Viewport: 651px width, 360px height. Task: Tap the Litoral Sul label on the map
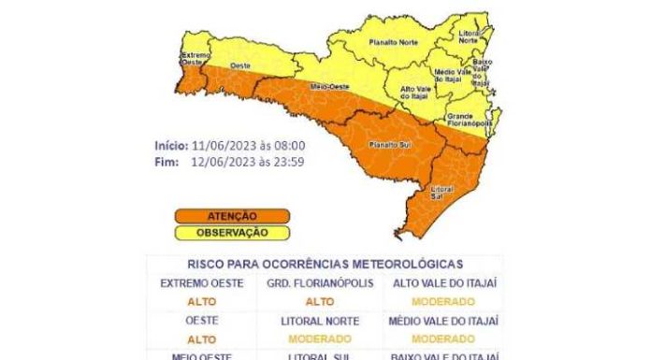[442, 193]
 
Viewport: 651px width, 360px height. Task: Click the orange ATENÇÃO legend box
[230, 216]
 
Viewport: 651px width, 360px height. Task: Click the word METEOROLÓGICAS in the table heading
[412, 265]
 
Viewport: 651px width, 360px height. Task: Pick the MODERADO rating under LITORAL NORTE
[320, 338]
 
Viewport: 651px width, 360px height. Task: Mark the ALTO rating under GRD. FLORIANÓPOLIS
[320, 301]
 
